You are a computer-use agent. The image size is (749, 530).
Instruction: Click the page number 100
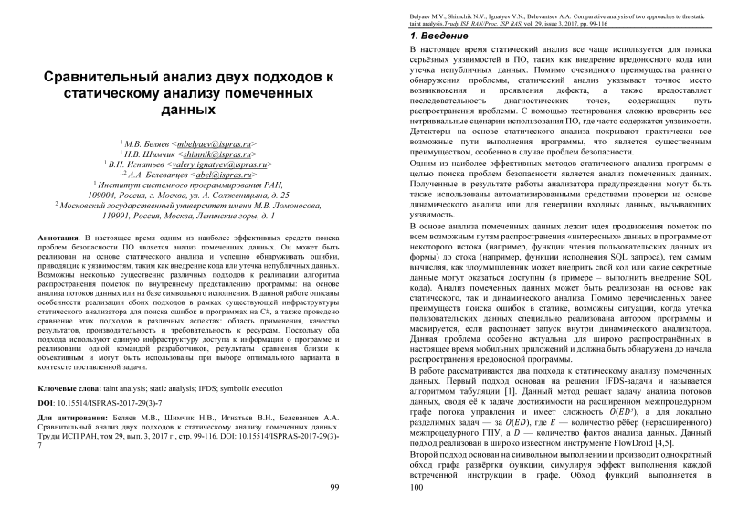tap(419, 488)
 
